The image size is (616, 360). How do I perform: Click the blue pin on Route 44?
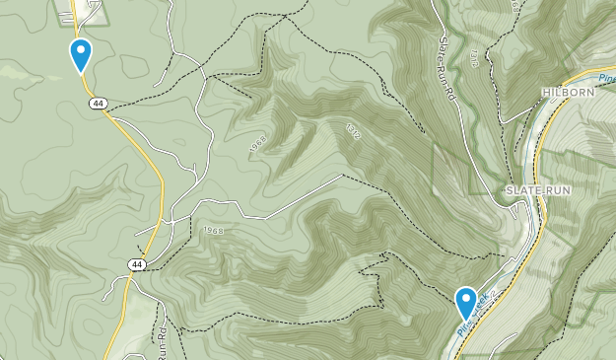(81, 54)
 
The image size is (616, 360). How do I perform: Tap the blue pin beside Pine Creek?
(465, 301)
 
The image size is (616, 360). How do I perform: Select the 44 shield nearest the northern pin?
(97, 103)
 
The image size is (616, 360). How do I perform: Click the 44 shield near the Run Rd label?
(135, 264)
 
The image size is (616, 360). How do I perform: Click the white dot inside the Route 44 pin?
(81, 50)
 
